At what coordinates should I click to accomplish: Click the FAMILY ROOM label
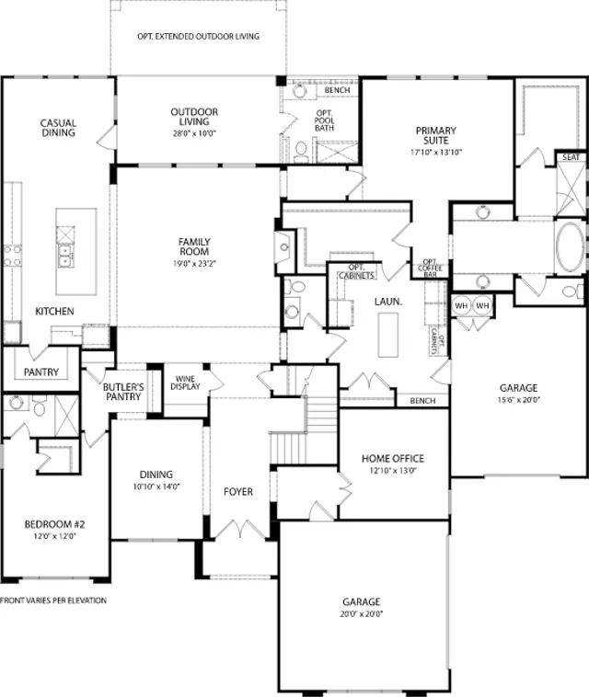click(194, 246)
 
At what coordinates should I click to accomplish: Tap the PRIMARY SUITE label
click(436, 135)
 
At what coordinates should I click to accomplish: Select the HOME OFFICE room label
click(393, 458)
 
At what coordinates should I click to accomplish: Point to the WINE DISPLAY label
click(186, 383)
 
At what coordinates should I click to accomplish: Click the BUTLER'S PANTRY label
click(123, 392)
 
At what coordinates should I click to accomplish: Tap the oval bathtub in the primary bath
click(571, 247)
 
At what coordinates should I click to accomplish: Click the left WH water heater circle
click(461, 306)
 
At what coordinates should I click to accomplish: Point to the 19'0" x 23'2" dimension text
click(194, 263)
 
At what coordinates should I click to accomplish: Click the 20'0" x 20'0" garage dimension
click(362, 614)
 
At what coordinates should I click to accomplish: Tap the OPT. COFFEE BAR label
click(430, 269)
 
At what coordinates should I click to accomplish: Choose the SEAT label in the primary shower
click(572, 157)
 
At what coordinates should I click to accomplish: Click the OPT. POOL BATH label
click(324, 120)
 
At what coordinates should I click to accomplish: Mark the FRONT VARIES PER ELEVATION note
click(53, 600)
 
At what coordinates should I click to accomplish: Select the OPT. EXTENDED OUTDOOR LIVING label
click(199, 37)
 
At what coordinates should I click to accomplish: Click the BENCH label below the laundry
click(423, 401)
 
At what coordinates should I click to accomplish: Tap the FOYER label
click(238, 492)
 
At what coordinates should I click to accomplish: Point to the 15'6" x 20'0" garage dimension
click(518, 400)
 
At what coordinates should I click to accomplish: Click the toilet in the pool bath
click(301, 151)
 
